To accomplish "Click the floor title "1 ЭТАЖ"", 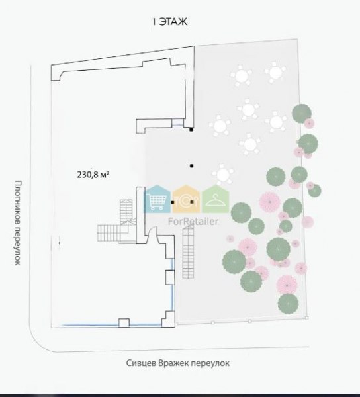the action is coord(170,22).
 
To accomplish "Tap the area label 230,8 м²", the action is coord(93,175).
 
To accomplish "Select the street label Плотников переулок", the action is coord(17,223).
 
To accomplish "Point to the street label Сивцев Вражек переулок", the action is coord(178,363).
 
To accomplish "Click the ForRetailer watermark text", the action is coord(193,222).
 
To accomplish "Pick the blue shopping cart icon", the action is coord(157,198).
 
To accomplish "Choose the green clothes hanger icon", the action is coord(216,198).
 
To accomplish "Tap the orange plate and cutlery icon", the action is coord(187,198).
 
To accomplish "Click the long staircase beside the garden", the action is coord(189,252).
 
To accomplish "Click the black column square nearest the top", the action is coord(191,130).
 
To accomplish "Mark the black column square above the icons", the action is coord(192,166).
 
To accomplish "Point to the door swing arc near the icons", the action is coord(152,230).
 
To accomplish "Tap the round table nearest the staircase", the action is coord(223,174).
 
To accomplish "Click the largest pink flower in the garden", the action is coord(270,202).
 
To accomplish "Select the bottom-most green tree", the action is coord(288,304).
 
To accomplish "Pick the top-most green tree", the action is coord(302,113).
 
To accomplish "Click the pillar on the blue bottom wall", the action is coord(124,323).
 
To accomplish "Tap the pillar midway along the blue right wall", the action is coord(170,277).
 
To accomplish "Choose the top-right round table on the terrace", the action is coord(275,73).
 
